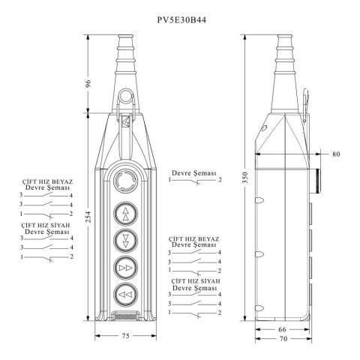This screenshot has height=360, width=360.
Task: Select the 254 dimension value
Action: [88, 218]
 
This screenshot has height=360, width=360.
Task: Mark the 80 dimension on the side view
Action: [335, 154]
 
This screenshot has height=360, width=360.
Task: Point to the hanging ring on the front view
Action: [124, 98]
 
